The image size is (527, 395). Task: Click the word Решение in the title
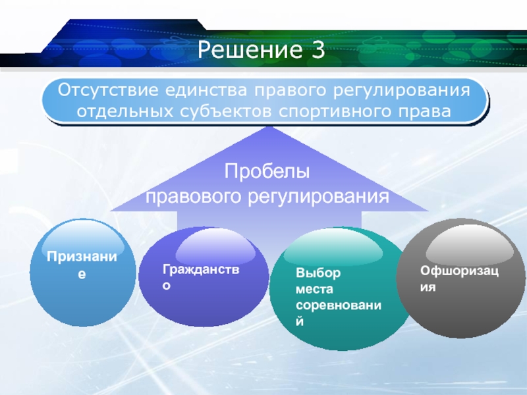(250, 49)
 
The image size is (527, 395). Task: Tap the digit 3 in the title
(318, 49)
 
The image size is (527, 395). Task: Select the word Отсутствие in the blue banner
(108, 90)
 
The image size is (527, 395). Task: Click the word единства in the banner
(206, 90)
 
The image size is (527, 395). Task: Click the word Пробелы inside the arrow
(267, 171)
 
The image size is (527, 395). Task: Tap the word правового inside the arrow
(193, 196)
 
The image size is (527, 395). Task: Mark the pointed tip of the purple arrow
(269, 126)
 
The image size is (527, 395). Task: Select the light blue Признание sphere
(83, 273)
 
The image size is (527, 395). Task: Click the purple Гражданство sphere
(204, 276)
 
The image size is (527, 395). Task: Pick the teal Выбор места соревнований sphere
(340, 288)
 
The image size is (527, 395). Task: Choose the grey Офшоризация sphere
(461, 278)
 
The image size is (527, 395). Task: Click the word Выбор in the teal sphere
(318, 273)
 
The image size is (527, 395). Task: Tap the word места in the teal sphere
(314, 289)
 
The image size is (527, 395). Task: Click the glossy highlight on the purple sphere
(215, 247)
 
